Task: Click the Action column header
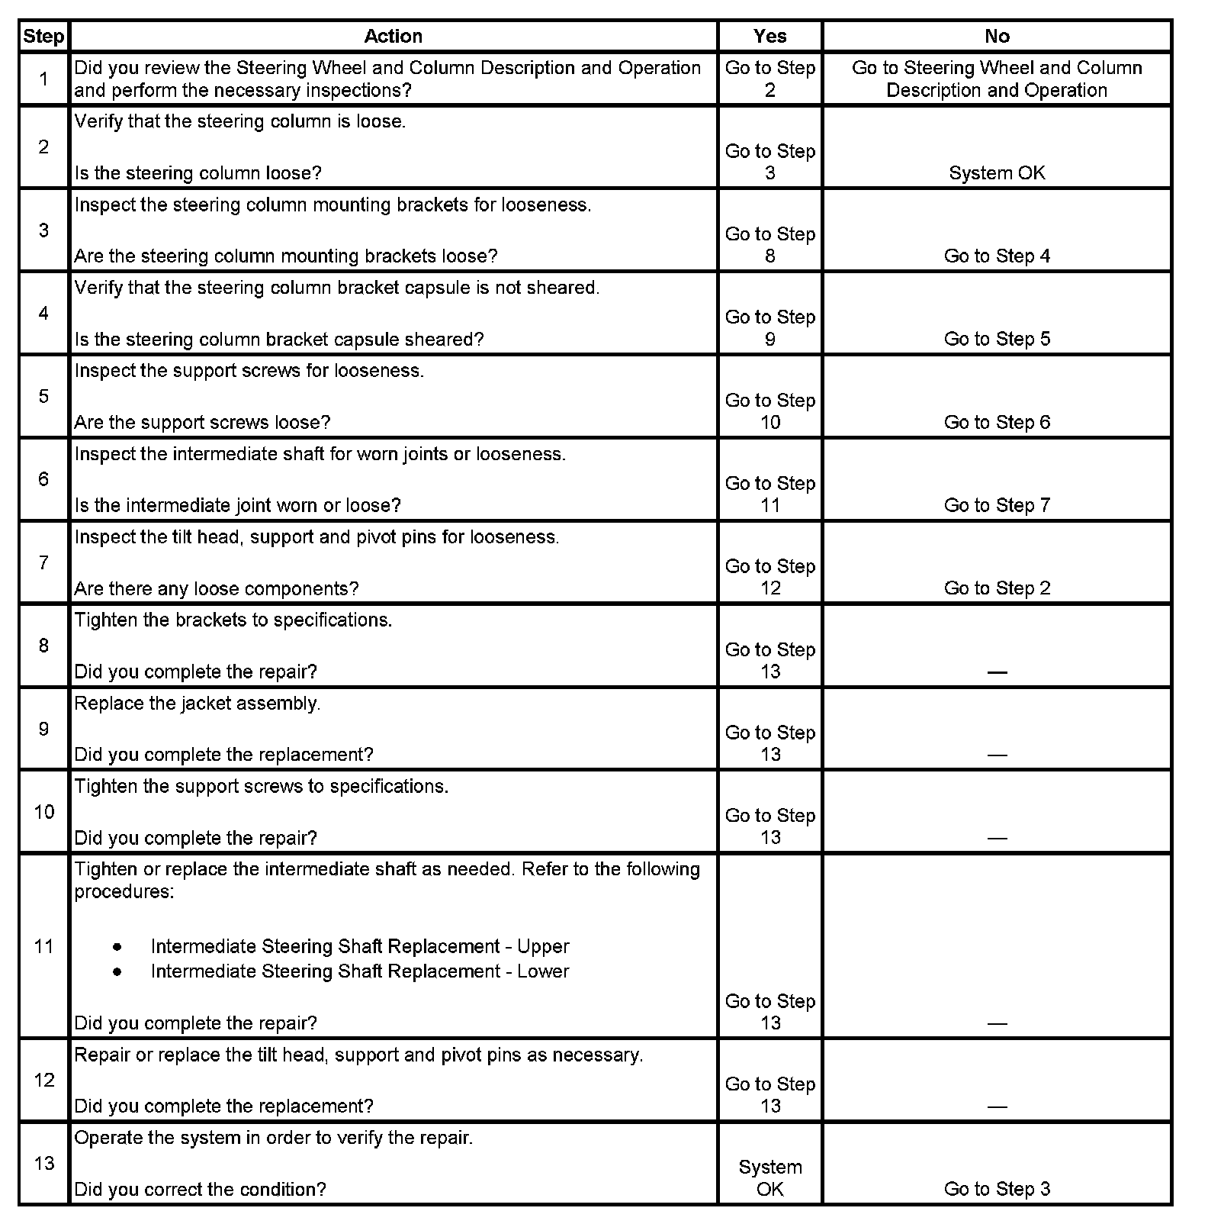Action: pos(393,36)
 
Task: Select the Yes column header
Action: pos(769,36)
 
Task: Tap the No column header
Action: pos(997,36)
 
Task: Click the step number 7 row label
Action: pos(43,562)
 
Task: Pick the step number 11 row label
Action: pos(43,946)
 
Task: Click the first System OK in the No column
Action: pos(997,173)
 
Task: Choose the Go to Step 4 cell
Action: pos(997,256)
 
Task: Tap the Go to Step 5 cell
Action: pos(997,339)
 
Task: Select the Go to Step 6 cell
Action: pos(997,422)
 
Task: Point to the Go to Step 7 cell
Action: pos(997,505)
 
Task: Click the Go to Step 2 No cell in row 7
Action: pos(997,588)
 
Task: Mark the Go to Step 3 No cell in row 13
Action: pos(997,1189)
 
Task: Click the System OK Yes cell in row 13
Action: pos(769,1177)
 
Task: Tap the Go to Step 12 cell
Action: pos(769,577)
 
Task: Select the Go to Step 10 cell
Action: pos(769,411)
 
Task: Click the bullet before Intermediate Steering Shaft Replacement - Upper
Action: pos(117,947)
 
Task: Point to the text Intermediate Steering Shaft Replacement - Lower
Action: pos(360,971)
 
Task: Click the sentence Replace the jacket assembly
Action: pos(198,704)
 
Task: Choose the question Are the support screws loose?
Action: pos(202,423)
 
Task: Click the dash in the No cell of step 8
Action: pos(997,672)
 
